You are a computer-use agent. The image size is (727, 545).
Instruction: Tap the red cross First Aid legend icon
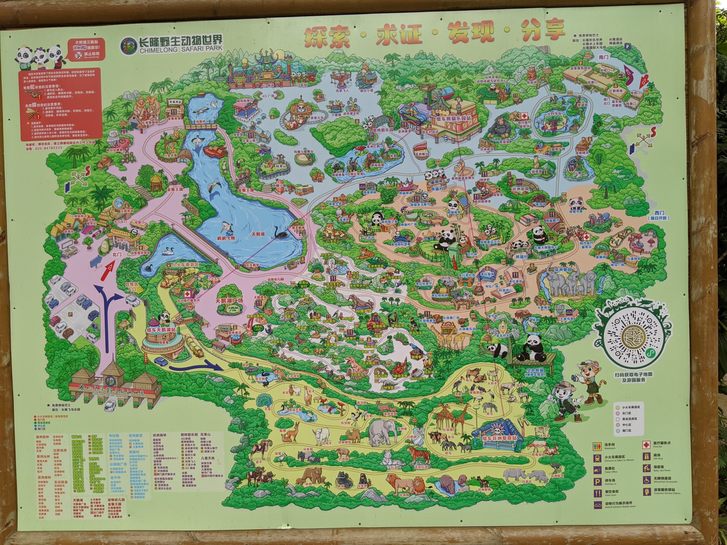tap(646, 445)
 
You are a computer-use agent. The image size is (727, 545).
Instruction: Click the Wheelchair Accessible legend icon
tap(646, 480)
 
